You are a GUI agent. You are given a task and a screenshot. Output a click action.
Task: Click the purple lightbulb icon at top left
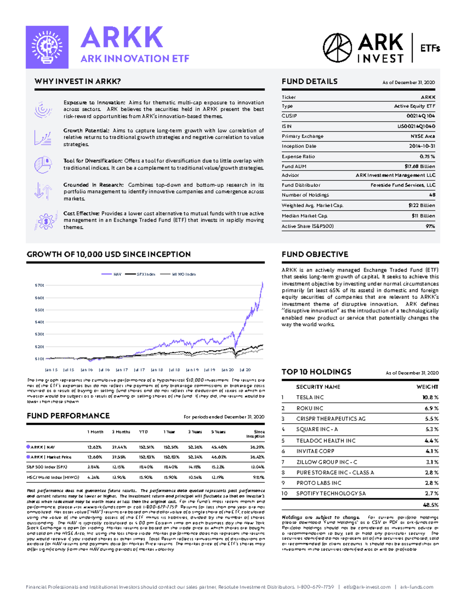pos(47,47)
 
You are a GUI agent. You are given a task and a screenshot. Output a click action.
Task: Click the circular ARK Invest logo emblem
pos(337,48)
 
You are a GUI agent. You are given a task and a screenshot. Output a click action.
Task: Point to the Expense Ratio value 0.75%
pos(427,156)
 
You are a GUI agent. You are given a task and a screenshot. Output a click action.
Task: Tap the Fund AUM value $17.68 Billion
pos(419,166)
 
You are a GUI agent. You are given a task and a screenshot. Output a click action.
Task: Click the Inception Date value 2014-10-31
pos(422,146)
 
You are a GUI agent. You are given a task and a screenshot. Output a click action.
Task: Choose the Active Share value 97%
pos(430,226)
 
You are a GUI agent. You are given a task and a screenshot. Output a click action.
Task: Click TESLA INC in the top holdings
pos(310,397)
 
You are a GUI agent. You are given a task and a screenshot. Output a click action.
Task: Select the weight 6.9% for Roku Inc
pos(431,408)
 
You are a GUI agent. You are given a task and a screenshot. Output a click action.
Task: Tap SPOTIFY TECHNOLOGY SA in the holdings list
pos(331,493)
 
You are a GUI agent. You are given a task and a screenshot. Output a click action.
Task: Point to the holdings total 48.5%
pos(430,505)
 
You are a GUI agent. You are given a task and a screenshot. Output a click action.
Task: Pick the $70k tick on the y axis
pos(39,285)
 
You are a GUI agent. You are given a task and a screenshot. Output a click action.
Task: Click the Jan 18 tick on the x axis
pos(157,370)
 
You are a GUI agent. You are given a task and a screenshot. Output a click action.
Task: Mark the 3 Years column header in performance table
pos(195,432)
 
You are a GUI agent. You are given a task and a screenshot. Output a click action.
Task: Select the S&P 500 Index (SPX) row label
pos(47,467)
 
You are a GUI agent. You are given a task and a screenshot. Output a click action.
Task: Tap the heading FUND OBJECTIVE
pos(315,254)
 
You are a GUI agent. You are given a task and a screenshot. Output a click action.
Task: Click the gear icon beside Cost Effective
pos(45,221)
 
